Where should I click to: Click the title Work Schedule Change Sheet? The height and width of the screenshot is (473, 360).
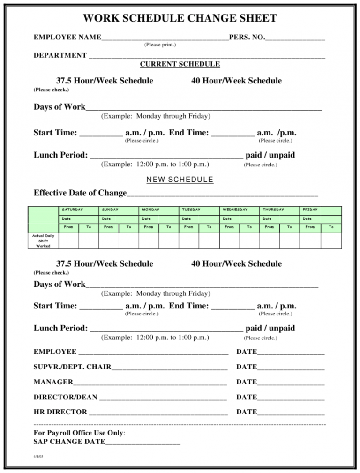coord(180,19)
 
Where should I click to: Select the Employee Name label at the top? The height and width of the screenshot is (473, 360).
coord(67,37)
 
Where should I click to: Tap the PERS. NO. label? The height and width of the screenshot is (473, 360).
coord(247,37)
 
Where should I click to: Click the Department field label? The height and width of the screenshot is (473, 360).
coord(60,55)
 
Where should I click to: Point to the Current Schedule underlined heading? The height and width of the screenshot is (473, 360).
coord(180,64)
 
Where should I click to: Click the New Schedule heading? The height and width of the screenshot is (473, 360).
coord(180,180)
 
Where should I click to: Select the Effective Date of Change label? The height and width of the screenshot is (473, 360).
coord(80,193)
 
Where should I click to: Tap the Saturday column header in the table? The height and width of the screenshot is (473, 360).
coord(72,210)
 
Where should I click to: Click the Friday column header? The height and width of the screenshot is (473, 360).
coord(310,210)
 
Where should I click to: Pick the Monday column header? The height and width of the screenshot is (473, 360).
coord(150,210)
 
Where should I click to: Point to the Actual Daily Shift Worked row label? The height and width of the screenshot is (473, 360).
coord(43,241)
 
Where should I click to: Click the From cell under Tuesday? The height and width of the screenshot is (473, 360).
coord(188,227)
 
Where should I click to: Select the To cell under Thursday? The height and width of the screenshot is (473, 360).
coord(289,227)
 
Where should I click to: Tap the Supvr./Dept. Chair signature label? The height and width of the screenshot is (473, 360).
coord(72,367)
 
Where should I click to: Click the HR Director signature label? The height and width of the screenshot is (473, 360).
coord(60,412)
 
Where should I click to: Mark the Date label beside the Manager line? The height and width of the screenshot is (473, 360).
coord(247,382)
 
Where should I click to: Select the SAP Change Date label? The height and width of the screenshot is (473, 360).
coord(69,442)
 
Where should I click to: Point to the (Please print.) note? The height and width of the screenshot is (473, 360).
coord(160,45)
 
